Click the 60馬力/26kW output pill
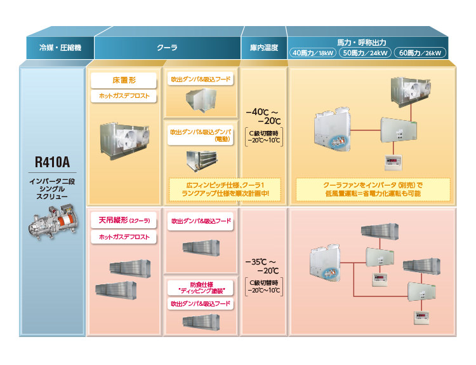coord(420,53)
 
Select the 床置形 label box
coord(124,81)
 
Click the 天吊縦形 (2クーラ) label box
coord(124,222)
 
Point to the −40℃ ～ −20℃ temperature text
coord(263,116)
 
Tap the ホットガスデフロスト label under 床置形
coord(124,95)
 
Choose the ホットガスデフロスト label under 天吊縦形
coord(124,237)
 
